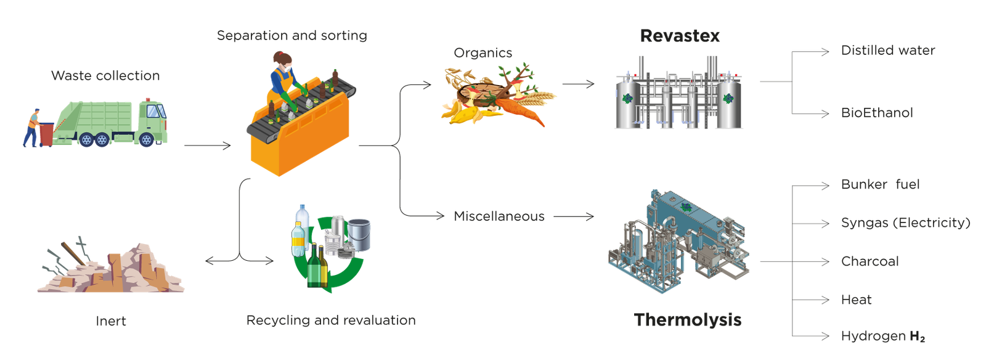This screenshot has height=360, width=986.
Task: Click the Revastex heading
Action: (680, 36)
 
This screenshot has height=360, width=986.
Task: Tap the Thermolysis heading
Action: (688, 320)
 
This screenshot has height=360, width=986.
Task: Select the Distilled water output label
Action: (888, 51)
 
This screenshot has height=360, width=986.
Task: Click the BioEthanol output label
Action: (877, 113)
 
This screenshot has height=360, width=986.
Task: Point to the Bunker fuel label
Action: (880, 184)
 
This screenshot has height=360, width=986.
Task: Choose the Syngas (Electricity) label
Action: (905, 223)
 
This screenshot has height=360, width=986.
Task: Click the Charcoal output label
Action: (870, 261)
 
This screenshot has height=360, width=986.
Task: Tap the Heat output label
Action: (857, 300)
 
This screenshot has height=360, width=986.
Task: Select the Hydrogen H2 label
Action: (882, 336)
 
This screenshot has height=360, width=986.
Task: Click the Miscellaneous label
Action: (499, 216)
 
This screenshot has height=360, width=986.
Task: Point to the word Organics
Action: (483, 53)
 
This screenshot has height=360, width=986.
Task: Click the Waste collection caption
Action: (105, 76)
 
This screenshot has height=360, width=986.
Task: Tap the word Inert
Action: (110, 321)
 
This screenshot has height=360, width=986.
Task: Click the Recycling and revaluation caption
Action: (331, 321)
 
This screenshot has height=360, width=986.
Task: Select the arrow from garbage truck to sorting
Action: (207, 146)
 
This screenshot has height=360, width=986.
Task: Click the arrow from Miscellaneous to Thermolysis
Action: (574, 216)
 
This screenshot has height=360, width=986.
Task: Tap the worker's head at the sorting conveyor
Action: (283, 59)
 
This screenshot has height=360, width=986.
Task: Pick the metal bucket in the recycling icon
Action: (359, 234)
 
